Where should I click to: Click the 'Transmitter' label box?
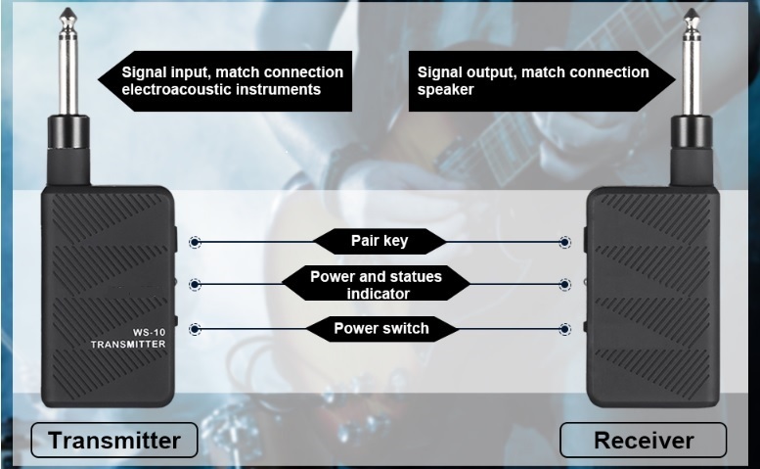(x=114, y=440)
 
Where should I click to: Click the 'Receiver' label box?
(x=643, y=440)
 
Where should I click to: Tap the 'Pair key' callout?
(x=380, y=241)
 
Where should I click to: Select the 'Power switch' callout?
(x=380, y=328)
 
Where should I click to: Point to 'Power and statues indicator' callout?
(x=376, y=284)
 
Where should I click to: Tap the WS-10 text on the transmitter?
(x=126, y=332)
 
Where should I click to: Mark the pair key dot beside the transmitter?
(x=196, y=241)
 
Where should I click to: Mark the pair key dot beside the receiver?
(x=564, y=241)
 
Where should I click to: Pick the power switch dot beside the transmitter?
(x=196, y=328)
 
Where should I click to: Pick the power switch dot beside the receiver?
(x=564, y=328)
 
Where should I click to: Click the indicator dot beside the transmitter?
(x=196, y=284)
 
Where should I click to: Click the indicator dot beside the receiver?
(x=564, y=284)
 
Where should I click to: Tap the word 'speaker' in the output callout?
(x=446, y=89)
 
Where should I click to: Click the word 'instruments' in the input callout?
(x=277, y=89)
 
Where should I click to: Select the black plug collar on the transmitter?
(x=68, y=132)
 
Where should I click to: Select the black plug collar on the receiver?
(x=693, y=132)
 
